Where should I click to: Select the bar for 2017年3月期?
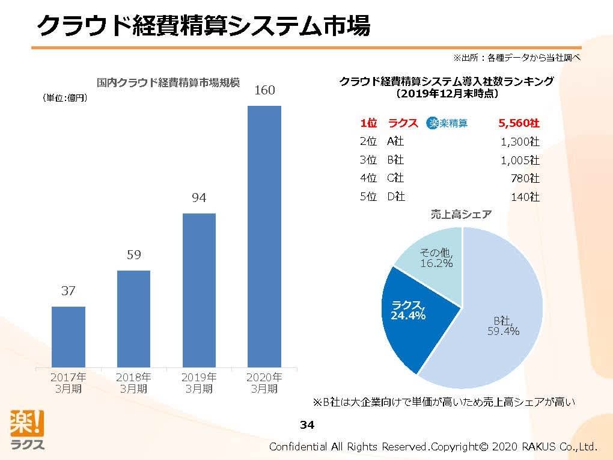pos(69,337)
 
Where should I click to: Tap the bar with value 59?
pos(133,319)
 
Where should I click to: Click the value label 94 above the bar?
pos(199,198)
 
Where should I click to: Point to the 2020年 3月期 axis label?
pos(264,383)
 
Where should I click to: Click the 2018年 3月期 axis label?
pos(133,383)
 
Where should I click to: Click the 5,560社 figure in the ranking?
pos(519,123)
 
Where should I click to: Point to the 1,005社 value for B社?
pos(520,161)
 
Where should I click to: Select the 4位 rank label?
pos(368,179)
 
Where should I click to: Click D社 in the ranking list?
pos(395,197)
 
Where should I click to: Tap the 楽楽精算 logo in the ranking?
pos(447,123)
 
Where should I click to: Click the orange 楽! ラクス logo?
pos(27,429)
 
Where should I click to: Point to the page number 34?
pos(306,426)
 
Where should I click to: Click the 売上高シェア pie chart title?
pos(461,215)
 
